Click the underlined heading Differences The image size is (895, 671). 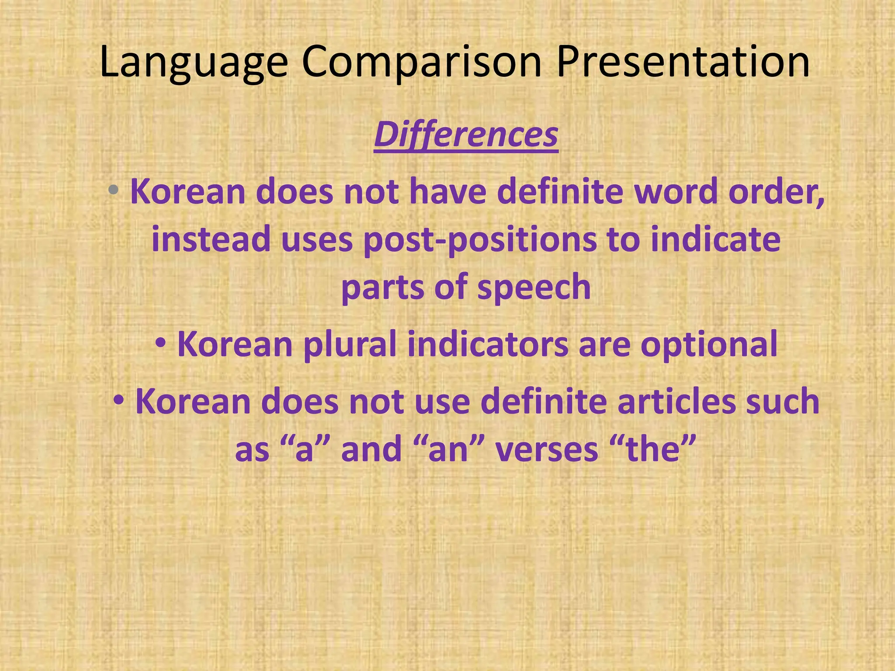[x=466, y=135]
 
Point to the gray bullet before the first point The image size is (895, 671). [x=114, y=190]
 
